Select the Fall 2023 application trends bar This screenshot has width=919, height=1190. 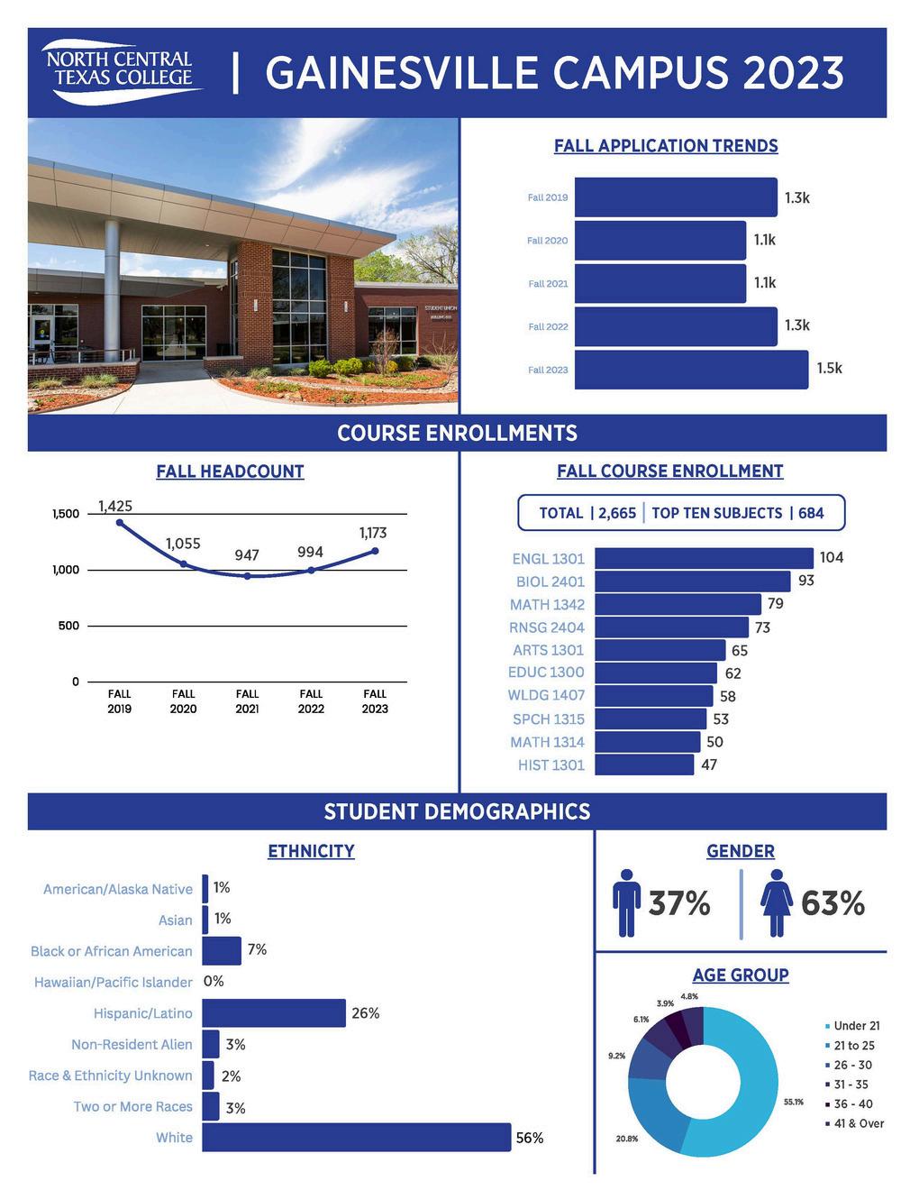tap(691, 370)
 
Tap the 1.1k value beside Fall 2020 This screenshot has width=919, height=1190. tap(764, 240)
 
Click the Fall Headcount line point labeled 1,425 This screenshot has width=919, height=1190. tap(120, 522)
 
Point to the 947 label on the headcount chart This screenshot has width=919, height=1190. tap(247, 555)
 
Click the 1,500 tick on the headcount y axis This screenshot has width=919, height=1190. tap(66, 514)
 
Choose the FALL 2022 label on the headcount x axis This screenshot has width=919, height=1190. tap(311, 701)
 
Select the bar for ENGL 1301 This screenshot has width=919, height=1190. tap(704, 558)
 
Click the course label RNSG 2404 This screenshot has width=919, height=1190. tap(547, 627)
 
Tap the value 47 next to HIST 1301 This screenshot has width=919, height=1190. tap(709, 765)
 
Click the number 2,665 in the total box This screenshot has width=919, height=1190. tap(617, 513)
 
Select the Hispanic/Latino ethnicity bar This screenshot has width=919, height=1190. tap(274, 1013)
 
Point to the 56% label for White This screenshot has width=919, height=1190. tap(530, 1139)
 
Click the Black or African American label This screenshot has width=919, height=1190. tap(112, 951)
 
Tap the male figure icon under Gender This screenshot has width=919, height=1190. tap(626, 903)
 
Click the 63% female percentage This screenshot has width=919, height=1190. tap(833, 903)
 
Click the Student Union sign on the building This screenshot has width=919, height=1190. tap(441, 308)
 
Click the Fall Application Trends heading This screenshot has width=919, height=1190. tap(666, 146)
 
